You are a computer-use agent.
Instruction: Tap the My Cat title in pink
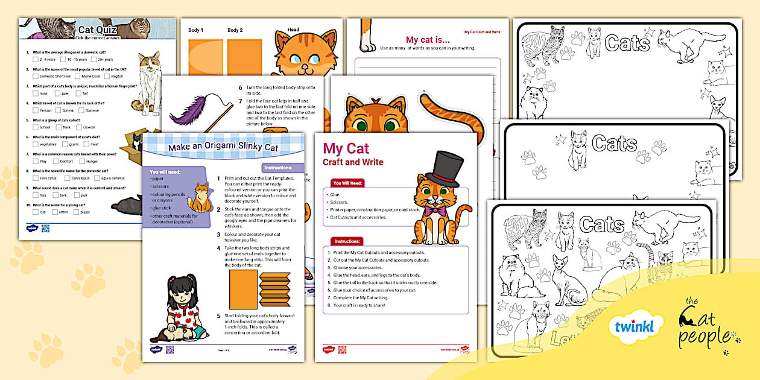point(346,148)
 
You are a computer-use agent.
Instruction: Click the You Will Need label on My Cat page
point(348,183)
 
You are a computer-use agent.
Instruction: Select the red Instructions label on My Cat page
point(347,241)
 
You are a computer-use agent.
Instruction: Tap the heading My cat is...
point(428,40)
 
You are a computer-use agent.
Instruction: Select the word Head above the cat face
point(293,30)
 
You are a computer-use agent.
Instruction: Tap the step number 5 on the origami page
point(218,315)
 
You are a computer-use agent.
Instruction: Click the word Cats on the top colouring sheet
point(627,43)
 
